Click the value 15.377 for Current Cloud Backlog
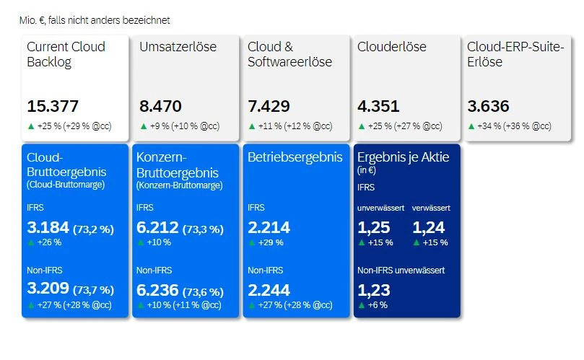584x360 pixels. pos(53,107)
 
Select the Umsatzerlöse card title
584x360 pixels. pos(178,47)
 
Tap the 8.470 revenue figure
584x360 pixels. pos(160,107)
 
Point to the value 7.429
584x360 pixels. pos(269,107)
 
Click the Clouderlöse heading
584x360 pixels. pos(392,47)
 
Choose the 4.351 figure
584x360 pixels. pos(378,107)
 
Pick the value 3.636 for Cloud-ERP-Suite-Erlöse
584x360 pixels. pos(488,107)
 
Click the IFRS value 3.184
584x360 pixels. pos(48,228)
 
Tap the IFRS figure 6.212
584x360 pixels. pos(157,228)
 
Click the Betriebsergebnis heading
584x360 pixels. pos(295,157)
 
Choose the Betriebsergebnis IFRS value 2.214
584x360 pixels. pos(269,228)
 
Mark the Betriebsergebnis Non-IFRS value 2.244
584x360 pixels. pos(269,290)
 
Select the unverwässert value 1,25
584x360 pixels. pos(372,228)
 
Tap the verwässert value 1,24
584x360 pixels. pos(427,228)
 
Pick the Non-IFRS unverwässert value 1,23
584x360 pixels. pos(372,290)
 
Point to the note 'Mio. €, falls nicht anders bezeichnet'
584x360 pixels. pos(95,21)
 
